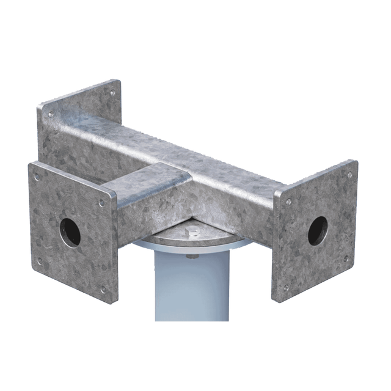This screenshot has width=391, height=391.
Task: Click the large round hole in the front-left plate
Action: [x=70, y=232]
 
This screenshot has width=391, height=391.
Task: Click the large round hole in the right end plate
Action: [x=318, y=230]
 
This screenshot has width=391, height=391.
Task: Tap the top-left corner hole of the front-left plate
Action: [x=37, y=178]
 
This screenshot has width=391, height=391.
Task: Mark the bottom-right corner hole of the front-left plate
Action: [x=102, y=289]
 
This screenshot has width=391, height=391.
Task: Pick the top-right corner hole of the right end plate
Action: [x=349, y=175]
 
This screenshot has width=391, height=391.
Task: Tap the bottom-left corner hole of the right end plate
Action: [x=287, y=288]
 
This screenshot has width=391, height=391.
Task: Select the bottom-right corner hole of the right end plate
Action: [x=346, y=258]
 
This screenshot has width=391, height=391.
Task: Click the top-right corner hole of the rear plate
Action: [x=112, y=93]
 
